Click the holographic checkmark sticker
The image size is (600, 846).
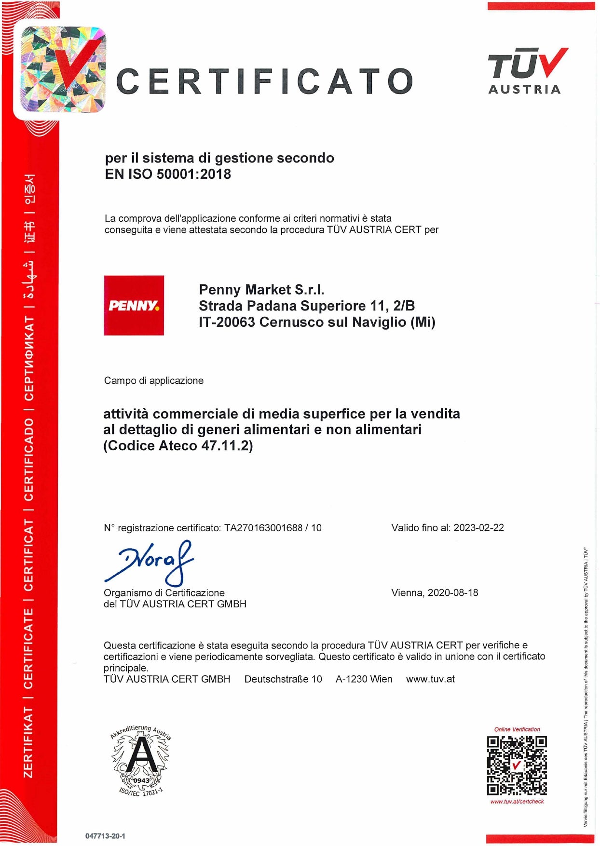click(63, 69)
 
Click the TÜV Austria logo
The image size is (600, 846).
click(527, 70)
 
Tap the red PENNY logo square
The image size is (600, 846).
click(134, 305)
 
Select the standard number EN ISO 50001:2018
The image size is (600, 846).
click(168, 174)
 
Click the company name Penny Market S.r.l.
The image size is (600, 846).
click(261, 289)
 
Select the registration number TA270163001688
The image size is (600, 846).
click(263, 528)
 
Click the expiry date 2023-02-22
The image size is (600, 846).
click(478, 527)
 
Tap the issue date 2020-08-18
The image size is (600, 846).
click(452, 592)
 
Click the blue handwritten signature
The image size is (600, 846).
click(150, 562)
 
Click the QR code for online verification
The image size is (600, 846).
click(517, 765)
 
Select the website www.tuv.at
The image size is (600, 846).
click(430, 679)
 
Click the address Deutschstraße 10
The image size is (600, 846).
click(283, 679)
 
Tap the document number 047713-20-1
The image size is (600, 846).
click(105, 836)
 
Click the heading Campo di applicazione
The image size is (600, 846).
click(153, 380)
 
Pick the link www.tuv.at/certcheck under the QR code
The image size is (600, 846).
click(517, 802)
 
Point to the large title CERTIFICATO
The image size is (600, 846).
click(264, 81)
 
